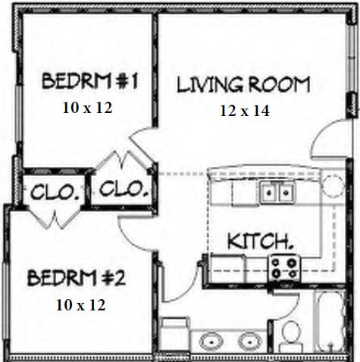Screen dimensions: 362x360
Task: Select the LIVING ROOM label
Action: pyautogui.click(x=243, y=83)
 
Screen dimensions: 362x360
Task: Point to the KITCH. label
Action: pyautogui.click(x=261, y=241)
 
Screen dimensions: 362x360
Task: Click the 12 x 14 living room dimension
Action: pyautogui.click(x=245, y=111)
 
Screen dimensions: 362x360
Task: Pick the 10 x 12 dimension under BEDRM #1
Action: pyautogui.click(x=86, y=107)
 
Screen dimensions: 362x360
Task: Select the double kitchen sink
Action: pyautogui.click(x=277, y=193)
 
